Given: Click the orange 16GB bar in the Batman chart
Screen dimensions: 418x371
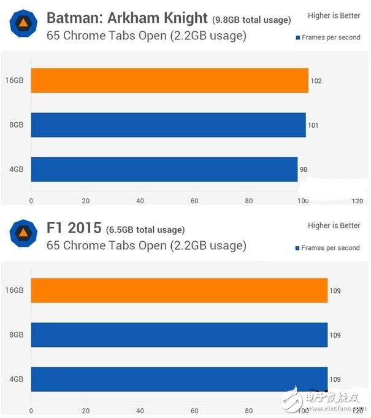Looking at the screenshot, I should click(x=169, y=80).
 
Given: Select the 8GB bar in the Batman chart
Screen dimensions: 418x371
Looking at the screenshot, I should click(x=168, y=125).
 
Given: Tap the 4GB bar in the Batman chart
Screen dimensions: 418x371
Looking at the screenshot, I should click(x=164, y=169).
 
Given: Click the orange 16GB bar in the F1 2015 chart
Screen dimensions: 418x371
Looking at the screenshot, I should click(x=179, y=290).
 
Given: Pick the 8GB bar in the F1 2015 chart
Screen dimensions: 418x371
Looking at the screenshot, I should click(x=179, y=335).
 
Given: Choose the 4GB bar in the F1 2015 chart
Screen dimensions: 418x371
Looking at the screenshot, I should click(x=179, y=379).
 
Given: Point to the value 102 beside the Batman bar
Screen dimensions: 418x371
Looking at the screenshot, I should click(x=316, y=81).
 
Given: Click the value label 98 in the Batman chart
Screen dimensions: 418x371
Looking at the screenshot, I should click(x=304, y=169).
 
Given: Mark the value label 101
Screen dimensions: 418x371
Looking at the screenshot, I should click(x=313, y=125).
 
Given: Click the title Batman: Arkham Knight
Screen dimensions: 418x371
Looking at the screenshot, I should click(x=127, y=17).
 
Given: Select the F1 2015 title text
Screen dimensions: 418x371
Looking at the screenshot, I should click(x=74, y=228).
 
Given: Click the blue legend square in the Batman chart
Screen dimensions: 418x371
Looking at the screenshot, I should click(x=297, y=37).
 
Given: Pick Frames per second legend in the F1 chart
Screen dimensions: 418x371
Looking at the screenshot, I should click(x=331, y=248).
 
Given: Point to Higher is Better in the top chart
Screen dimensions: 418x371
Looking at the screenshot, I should click(x=334, y=15).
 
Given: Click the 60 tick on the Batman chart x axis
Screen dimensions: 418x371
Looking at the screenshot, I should click(x=194, y=201).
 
